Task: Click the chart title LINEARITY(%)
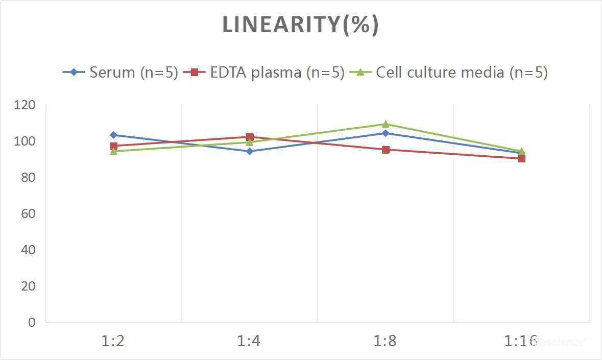point(300,25)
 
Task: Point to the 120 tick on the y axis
point(26,105)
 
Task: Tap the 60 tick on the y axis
point(29,213)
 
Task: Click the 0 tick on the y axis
point(32,322)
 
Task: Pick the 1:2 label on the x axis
point(113,341)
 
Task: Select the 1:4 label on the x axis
point(249,341)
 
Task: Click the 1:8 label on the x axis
point(386,341)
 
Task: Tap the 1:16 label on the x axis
point(521,341)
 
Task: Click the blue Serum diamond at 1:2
point(113,135)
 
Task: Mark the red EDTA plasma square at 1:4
point(250,137)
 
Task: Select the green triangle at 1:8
point(386,124)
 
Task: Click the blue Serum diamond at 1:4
point(250,151)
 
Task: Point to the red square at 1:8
point(386,150)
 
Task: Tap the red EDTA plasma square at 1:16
point(522,159)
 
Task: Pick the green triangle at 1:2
point(113,151)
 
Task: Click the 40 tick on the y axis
point(29,250)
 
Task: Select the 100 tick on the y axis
point(26,141)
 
